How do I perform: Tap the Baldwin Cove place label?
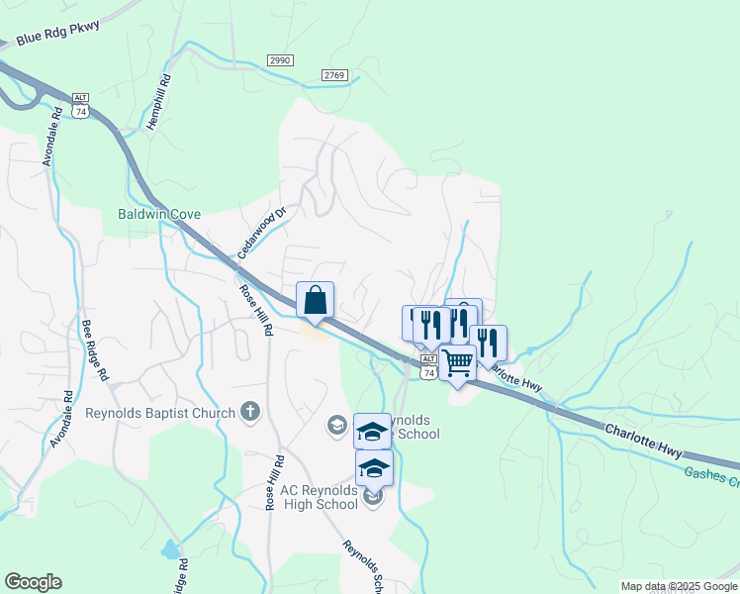tap(159, 214)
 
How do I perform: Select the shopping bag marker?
tap(315, 299)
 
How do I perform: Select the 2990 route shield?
tap(281, 60)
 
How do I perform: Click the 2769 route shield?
tap(334, 75)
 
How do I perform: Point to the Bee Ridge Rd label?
tap(93, 349)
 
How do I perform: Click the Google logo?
tap(33, 582)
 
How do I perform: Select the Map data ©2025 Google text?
tap(679, 586)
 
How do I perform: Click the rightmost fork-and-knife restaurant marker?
tap(488, 343)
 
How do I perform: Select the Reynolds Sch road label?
tap(362, 567)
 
